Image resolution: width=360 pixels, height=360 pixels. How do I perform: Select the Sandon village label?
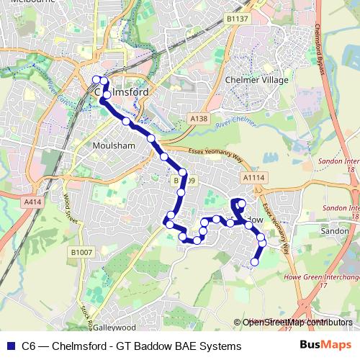pos(335,232)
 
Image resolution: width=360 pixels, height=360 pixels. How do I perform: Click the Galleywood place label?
pos(113,327)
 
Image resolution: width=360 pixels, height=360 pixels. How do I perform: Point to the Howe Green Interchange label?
pos(322,276)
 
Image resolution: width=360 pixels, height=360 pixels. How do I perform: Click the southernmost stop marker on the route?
pos(253,263)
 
